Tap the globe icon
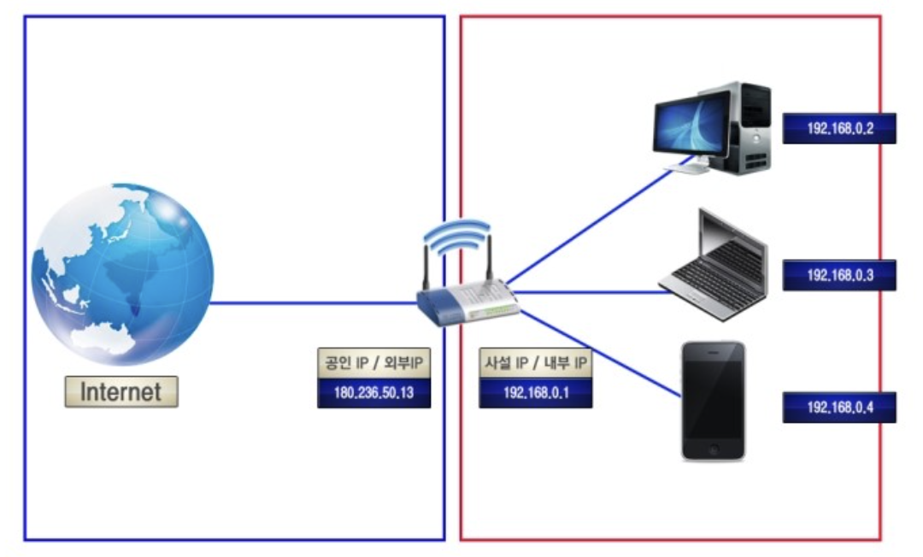click(x=121, y=274)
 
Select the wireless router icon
click(x=467, y=296)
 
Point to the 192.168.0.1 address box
click(x=535, y=393)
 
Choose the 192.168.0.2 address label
click(x=838, y=128)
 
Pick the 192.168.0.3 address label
click(x=838, y=274)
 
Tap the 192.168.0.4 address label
click(x=838, y=407)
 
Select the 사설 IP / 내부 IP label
click(x=535, y=364)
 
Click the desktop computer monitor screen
click(x=692, y=124)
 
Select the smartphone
click(x=713, y=402)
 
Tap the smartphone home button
click(x=713, y=449)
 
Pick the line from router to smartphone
click(x=598, y=351)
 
